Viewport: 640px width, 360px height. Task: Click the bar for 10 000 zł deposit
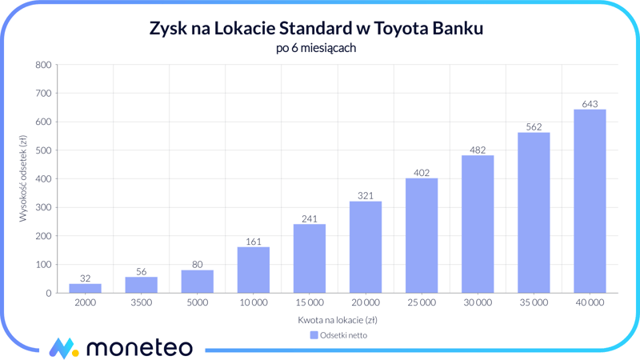[253, 270]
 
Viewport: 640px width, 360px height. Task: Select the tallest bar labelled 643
[590, 202]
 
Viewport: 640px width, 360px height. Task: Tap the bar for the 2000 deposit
[86, 288]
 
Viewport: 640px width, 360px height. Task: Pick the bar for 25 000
[422, 236]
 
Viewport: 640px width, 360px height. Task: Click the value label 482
[478, 150]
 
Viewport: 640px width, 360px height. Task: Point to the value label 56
[142, 272]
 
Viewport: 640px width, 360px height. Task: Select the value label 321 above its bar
[366, 195]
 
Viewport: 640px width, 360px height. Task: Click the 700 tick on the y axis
[43, 94]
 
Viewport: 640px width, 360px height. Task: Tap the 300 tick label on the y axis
[43, 207]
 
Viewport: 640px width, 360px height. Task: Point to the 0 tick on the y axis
[48, 293]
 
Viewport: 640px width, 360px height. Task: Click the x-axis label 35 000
[534, 303]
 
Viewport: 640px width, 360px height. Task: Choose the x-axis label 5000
[198, 303]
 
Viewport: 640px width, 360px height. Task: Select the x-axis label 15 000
[310, 303]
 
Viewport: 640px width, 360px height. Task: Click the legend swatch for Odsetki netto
[314, 335]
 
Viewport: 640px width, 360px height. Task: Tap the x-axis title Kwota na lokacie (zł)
[338, 320]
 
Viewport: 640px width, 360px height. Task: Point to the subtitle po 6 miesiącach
[315, 48]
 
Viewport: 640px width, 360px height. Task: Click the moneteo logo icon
[62, 348]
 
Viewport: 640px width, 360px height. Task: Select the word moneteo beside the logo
[138, 348]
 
